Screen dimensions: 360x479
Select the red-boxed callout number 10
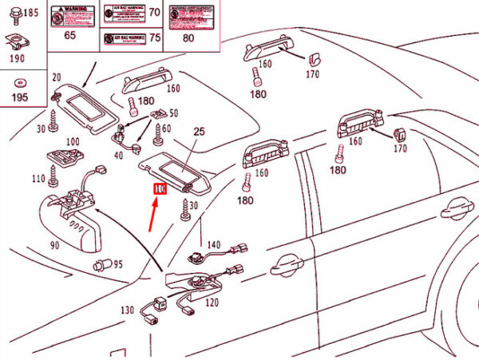pyautogui.click(x=159, y=189)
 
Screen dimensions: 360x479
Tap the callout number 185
pyautogui.click(x=29, y=12)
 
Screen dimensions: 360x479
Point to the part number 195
pyautogui.click(x=19, y=97)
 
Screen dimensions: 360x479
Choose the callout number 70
pyautogui.click(x=155, y=12)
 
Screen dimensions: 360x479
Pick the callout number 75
pyautogui.click(x=155, y=38)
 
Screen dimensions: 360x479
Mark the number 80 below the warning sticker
pyautogui.click(x=188, y=37)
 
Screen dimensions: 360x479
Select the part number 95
pyautogui.click(x=117, y=264)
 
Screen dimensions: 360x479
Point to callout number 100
pyautogui.click(x=73, y=141)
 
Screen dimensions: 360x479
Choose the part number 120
pyautogui.click(x=212, y=303)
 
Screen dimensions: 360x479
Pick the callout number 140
pyautogui.click(x=213, y=244)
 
